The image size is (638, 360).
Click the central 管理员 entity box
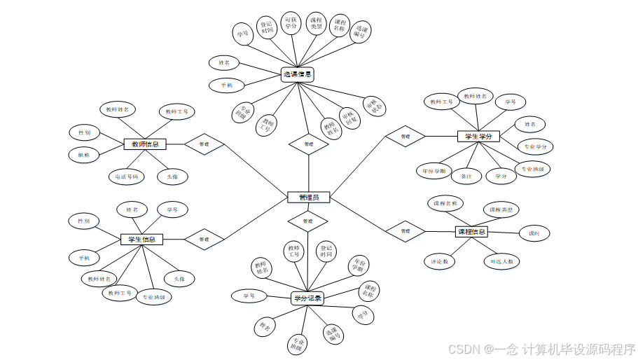(x=308, y=198)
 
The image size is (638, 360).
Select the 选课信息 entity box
(x=297, y=74)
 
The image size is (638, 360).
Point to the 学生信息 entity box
(x=141, y=240)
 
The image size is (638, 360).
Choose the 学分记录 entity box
(x=307, y=298)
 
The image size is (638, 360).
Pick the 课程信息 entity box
(x=471, y=231)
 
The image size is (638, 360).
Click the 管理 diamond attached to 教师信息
(x=204, y=144)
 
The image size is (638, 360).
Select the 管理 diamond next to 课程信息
(x=405, y=230)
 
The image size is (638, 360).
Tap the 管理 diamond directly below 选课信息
(x=308, y=144)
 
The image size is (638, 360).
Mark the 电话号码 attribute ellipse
(x=127, y=176)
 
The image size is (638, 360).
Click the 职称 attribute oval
(x=84, y=155)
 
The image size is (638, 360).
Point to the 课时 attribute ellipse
(x=534, y=233)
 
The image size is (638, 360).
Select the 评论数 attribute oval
(x=440, y=261)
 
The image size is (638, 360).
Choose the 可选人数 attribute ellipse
(x=502, y=261)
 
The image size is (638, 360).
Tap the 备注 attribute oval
(x=466, y=176)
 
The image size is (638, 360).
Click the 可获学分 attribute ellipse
(x=291, y=24)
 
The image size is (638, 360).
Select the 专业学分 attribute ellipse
(x=536, y=146)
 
